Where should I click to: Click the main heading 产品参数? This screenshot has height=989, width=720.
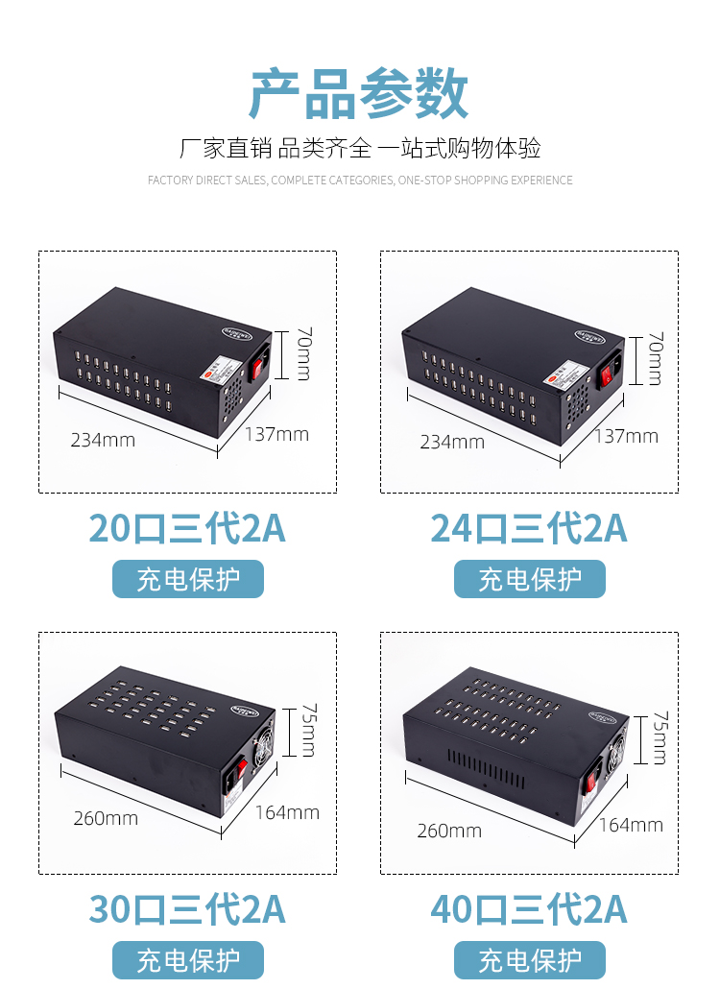(x=359, y=94)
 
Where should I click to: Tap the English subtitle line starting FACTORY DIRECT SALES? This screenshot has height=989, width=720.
(x=360, y=181)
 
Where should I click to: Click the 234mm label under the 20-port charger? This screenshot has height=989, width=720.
(x=103, y=441)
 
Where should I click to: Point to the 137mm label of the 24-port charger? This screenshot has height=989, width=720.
(x=626, y=437)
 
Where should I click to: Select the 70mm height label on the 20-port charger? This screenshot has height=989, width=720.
(x=302, y=354)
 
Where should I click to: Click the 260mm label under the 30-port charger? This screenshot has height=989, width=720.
(x=106, y=818)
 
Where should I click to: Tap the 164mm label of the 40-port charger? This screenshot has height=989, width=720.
(x=631, y=825)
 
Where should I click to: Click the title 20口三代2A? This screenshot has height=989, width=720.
(x=187, y=529)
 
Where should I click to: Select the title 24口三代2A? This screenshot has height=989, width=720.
(x=529, y=529)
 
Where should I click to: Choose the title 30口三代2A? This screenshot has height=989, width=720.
(x=187, y=909)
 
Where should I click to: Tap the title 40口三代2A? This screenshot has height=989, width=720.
(x=529, y=909)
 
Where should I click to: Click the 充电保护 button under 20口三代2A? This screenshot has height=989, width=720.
(x=187, y=579)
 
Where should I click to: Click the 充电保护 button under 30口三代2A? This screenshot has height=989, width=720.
(x=187, y=959)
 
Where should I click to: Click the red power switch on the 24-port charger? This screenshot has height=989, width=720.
(x=609, y=372)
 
